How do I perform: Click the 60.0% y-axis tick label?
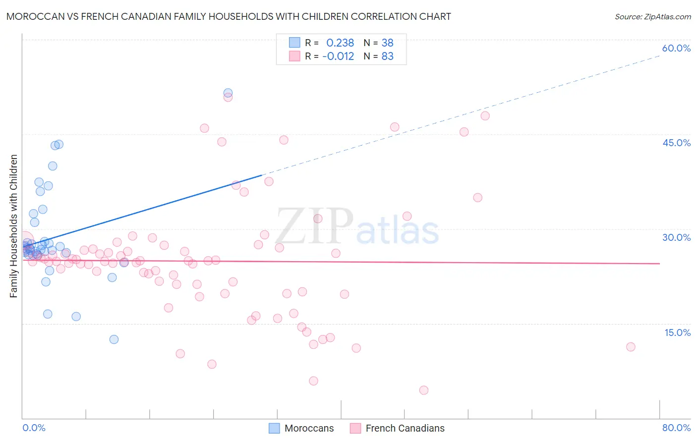point(676,48)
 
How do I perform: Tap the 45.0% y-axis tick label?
point(676,143)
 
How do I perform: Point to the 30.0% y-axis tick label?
point(676,237)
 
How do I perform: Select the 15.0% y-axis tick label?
point(677,332)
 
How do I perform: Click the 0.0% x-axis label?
point(34,428)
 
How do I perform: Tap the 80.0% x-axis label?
point(676,428)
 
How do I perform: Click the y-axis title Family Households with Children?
point(13,226)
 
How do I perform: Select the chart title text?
point(229,16)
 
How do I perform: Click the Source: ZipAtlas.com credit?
point(652,16)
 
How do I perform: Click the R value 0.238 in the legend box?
point(340,43)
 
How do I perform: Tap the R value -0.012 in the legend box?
point(338,56)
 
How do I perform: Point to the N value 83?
point(387,56)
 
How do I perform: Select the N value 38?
point(387,43)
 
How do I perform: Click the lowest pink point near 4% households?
point(423,390)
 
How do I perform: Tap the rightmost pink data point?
point(631,347)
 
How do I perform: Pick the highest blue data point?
point(228,93)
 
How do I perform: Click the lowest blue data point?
point(114,339)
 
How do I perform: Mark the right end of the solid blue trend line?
point(262,175)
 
